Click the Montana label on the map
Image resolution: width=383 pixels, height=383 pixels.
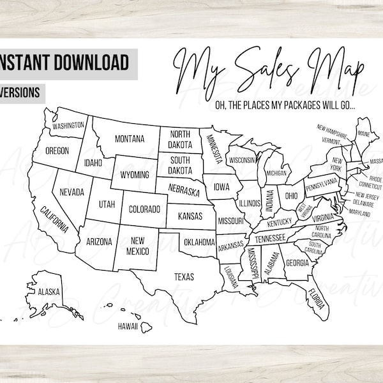129,139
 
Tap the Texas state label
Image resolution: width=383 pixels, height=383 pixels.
184,276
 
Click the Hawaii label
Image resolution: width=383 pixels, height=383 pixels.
128,326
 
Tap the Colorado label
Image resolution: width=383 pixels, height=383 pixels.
144,208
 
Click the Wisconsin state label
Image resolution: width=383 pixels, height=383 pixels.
243,159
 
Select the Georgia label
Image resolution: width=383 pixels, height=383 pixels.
297,262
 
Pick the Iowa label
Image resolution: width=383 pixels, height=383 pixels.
222,188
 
